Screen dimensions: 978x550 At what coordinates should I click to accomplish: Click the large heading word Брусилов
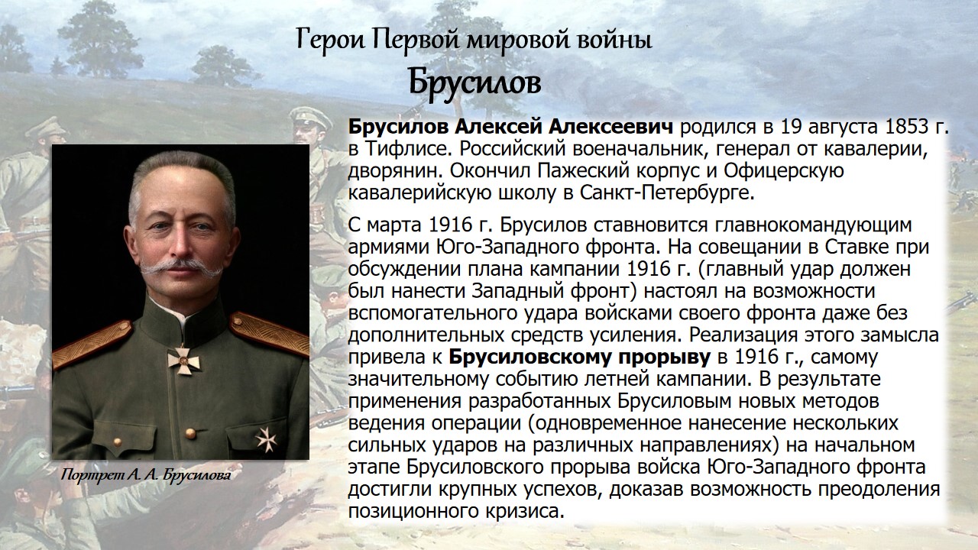tap(474, 84)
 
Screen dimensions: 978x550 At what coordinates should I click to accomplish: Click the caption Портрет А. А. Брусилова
tap(146, 475)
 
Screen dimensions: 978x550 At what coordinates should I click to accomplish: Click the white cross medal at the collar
tap(183, 360)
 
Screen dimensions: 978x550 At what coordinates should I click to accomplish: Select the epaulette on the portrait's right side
tap(268, 334)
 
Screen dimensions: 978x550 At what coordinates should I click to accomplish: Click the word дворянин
tap(396, 172)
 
